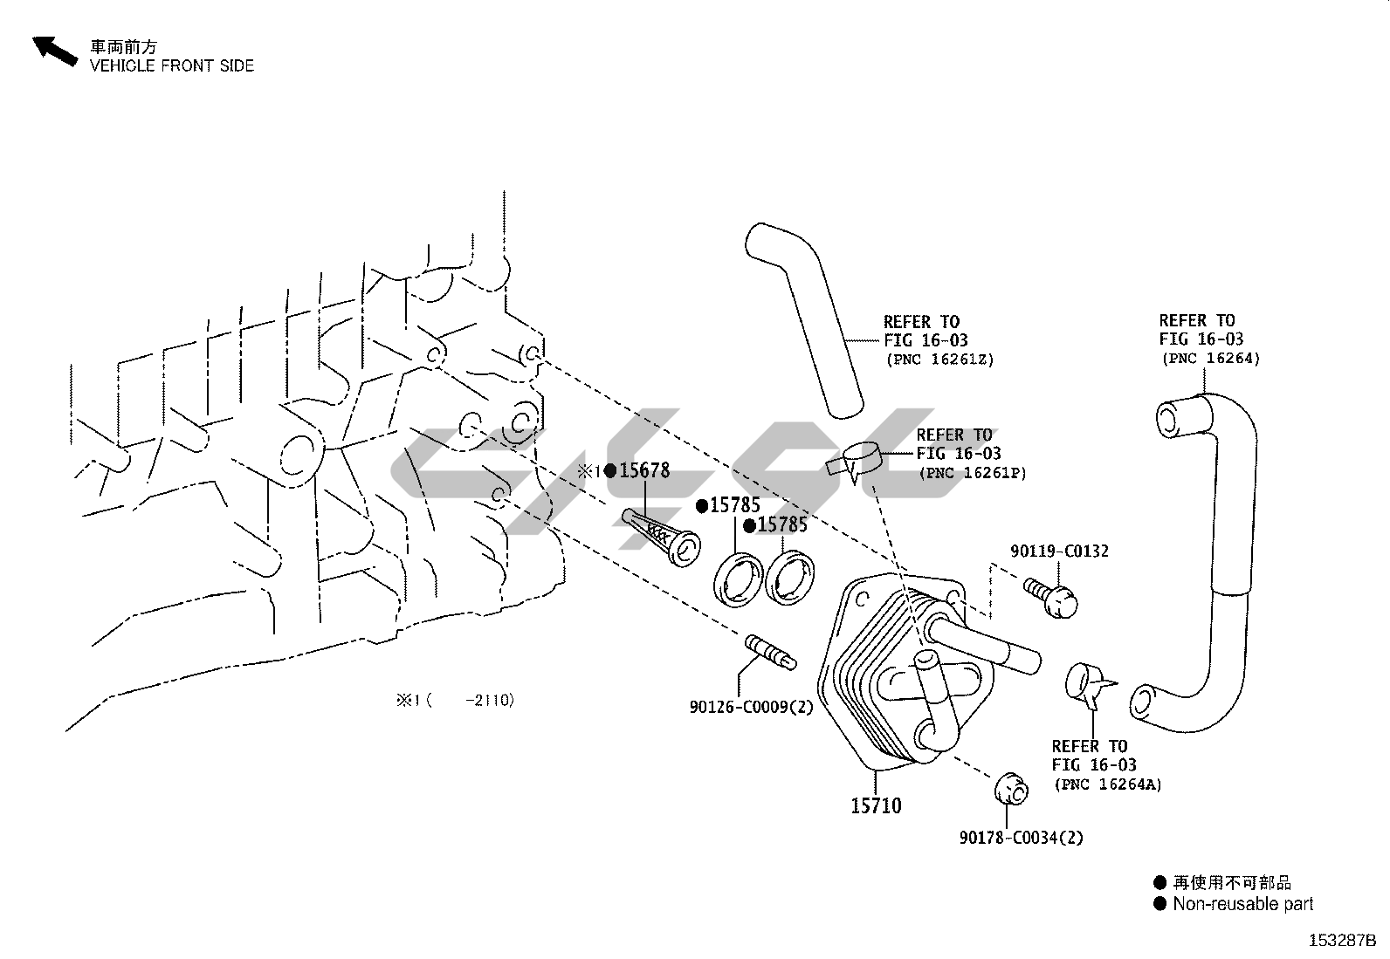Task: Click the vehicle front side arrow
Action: [x=54, y=51]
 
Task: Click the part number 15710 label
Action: [x=876, y=805]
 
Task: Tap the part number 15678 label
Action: [x=644, y=471]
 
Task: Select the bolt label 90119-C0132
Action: [x=1059, y=551]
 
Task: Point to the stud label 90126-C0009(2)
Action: [x=751, y=707]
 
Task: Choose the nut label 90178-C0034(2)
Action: [x=1021, y=838]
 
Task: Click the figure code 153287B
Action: [x=1341, y=941]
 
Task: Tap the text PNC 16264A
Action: [x=1108, y=784]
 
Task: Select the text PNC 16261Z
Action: [x=939, y=360]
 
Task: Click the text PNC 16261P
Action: [x=972, y=473]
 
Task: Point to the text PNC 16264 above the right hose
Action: [x=1210, y=359]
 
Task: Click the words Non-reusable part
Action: [x=1242, y=904]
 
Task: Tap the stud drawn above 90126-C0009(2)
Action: [x=769, y=652]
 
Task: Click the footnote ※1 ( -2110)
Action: [x=455, y=700]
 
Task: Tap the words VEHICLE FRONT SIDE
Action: [x=172, y=65]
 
